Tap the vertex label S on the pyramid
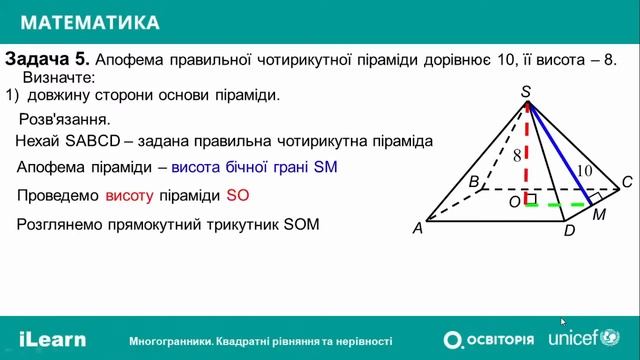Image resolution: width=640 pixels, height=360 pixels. pyautogui.click(x=526, y=92)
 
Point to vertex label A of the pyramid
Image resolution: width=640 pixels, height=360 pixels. pyautogui.click(x=418, y=229)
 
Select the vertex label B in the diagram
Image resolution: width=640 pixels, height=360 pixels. pyautogui.click(x=474, y=181)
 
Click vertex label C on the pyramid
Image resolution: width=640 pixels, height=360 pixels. pyautogui.click(x=627, y=181)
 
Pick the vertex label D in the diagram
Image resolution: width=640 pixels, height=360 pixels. pyautogui.click(x=569, y=231)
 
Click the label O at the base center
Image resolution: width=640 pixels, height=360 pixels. pyautogui.click(x=515, y=202)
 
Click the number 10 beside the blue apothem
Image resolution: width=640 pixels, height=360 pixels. pyautogui.click(x=584, y=170)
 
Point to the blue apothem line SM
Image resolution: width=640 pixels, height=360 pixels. pyautogui.click(x=558, y=150)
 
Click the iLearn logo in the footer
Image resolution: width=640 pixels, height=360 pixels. pyautogui.click(x=52, y=339)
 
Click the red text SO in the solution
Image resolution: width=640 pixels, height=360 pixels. pyautogui.click(x=237, y=195)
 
